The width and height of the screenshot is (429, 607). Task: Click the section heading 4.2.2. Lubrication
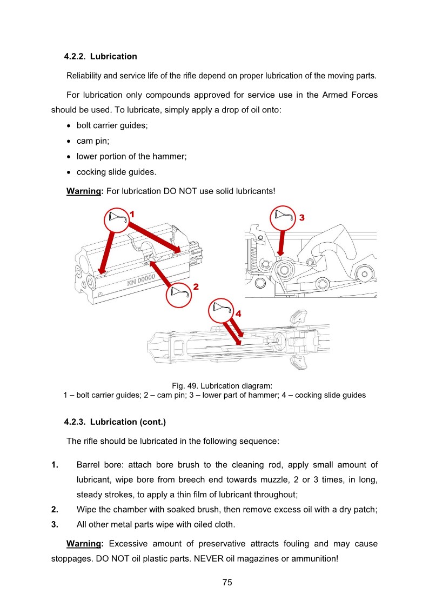[x=100, y=56]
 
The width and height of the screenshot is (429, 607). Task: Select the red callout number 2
[x=196, y=286]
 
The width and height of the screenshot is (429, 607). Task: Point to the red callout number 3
[x=302, y=217]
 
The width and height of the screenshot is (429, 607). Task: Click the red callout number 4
[x=238, y=313]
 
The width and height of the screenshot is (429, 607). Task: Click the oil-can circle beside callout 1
[x=118, y=219]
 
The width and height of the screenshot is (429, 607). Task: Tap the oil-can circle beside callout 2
[x=179, y=292]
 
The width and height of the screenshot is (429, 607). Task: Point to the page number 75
[x=227, y=582]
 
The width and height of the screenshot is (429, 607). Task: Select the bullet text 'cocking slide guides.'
[x=116, y=172]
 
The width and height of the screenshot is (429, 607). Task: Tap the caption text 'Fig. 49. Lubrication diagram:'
[x=222, y=385]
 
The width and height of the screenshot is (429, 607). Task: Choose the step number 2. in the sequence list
[x=55, y=509]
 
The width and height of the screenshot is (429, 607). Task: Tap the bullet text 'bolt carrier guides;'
[x=112, y=125]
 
